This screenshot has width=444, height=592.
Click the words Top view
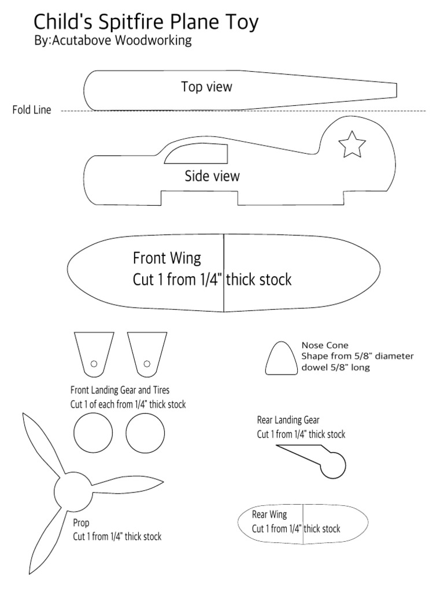pos(206,87)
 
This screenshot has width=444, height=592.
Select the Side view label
pos(212,176)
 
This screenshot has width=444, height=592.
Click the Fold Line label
pos(32,110)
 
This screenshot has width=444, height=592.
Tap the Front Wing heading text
pos(167,258)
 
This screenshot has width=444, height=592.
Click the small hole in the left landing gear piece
pos(94,364)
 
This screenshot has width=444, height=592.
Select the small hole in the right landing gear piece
pos(147,364)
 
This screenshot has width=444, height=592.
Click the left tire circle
pos(93,435)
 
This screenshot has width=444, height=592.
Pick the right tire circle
pos(145,435)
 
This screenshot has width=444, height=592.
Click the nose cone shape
pos(280,360)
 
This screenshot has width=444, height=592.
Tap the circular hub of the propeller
pos(72,491)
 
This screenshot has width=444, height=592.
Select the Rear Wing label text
pos(269,514)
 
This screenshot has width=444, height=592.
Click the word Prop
pos(81,523)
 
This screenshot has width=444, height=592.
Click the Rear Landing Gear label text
pos(288,420)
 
